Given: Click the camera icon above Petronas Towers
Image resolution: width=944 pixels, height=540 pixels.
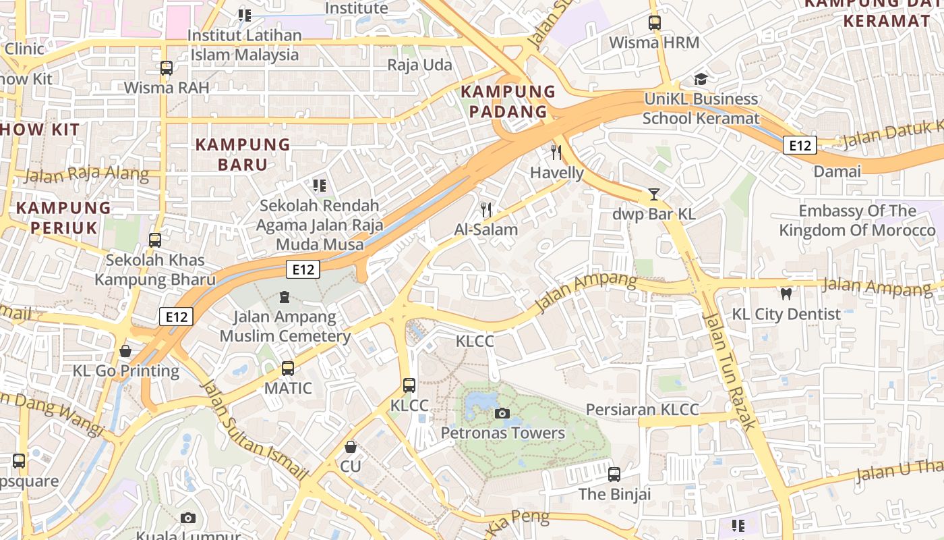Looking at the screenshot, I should coord(502,413).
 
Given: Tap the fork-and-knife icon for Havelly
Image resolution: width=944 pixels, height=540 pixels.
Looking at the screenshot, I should coord(556,153).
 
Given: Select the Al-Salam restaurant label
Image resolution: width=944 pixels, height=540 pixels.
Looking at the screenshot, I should coord(485,230).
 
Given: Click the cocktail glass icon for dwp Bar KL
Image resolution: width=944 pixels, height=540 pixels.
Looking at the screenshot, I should coord(653,194).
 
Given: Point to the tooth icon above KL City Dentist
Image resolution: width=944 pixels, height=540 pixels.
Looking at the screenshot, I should coord(786,294).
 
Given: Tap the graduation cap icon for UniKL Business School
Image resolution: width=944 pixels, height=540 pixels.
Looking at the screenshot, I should coord(701,79).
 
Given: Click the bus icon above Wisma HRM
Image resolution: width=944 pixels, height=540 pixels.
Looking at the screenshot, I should coord(654,23).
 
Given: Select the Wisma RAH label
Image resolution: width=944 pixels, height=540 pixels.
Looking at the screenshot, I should coord(167,88).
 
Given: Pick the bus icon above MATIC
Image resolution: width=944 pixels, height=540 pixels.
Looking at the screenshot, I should coord(288,369).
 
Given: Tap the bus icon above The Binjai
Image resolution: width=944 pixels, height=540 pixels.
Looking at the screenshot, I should coord(614,474).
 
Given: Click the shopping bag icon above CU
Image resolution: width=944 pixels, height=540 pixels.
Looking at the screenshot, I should coord(351,447).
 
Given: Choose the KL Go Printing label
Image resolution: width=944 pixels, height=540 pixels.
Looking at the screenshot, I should coord(126,371).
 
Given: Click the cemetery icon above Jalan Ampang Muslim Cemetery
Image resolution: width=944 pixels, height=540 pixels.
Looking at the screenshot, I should coord(285,297).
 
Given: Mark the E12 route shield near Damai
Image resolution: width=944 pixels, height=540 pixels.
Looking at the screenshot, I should coord(800,145).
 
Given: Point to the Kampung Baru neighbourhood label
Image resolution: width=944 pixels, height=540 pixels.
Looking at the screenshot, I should coord(243,154).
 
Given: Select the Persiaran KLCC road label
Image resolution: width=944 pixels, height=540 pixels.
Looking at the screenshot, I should coord(642,410).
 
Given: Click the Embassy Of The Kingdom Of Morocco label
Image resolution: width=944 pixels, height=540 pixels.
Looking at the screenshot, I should coord(857,221).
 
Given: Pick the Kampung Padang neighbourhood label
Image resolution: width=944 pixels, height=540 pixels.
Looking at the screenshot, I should coord(508,101).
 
